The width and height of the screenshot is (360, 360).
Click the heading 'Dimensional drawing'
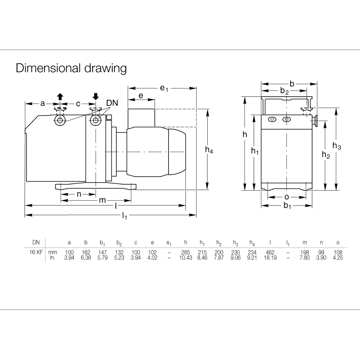[71, 68]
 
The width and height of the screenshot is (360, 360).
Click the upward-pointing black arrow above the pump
[60, 97]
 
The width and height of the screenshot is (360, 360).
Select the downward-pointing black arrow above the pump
[96, 96]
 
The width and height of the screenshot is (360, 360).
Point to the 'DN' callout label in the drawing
[112, 103]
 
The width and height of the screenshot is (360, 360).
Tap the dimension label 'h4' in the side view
[209, 150]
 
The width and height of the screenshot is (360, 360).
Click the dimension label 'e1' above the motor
[164, 88]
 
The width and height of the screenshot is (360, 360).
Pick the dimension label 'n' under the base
[79, 194]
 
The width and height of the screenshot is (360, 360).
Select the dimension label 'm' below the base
[103, 200]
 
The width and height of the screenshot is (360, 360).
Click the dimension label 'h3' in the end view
[337, 146]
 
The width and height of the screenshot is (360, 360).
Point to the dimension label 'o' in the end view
[286, 197]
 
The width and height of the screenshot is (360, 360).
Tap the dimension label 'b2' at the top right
[284, 91]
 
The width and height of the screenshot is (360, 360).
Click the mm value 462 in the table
[270, 253]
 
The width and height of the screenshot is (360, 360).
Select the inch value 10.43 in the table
[186, 258]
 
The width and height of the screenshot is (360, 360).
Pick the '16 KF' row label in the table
[36, 252]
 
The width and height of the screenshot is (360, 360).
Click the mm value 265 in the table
[186, 253]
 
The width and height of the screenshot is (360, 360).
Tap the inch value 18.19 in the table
[270, 258]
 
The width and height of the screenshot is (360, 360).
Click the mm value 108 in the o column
[338, 253]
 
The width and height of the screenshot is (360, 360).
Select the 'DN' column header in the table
[36, 242]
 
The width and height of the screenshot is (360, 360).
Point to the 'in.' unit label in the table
[52, 258]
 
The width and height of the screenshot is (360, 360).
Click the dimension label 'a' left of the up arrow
[43, 103]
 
